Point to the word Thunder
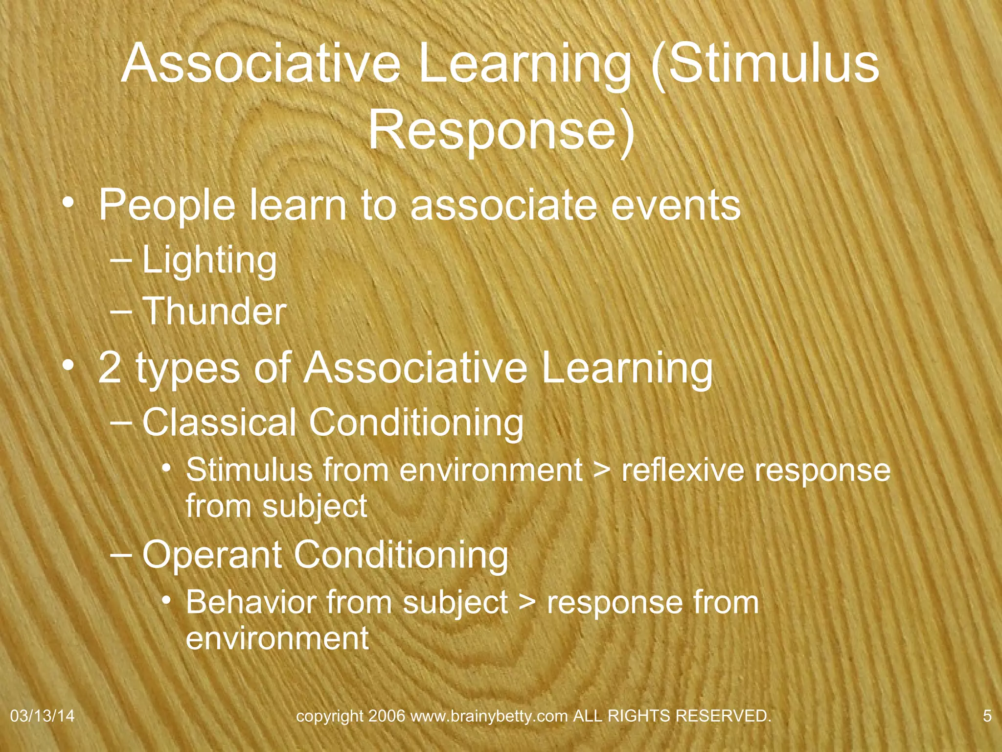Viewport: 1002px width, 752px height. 214,311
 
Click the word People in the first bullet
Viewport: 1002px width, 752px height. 167,206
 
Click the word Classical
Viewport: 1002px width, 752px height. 219,422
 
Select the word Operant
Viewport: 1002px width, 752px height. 212,555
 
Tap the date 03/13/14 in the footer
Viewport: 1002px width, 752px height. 42,716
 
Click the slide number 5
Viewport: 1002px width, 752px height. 987,716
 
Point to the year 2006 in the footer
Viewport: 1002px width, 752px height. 387,716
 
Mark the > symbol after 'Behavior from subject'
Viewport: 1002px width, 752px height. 526,603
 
